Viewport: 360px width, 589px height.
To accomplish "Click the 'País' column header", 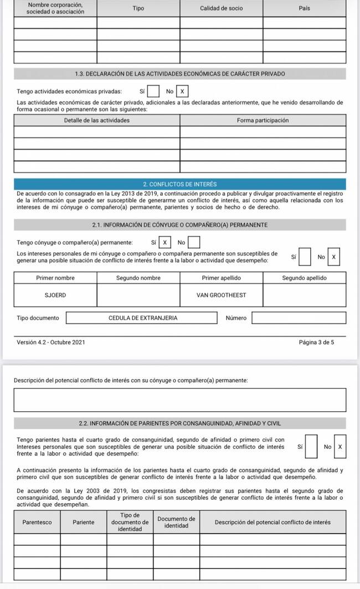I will (304, 8).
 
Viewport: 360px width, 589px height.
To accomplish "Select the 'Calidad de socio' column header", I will (221, 8).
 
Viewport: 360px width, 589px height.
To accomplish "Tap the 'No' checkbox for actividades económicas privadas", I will (182, 91).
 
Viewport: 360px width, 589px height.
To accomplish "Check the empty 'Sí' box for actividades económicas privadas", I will (155, 91).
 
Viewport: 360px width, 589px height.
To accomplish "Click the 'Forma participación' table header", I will (263, 120).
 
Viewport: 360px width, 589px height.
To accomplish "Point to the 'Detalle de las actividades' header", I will (97, 120).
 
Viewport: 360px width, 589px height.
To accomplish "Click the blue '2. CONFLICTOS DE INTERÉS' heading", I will (180, 184).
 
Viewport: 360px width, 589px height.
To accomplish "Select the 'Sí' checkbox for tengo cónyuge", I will (165, 242).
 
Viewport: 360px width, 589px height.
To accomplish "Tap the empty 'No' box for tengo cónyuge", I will (194, 242).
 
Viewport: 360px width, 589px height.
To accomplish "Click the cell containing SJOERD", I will (55, 295).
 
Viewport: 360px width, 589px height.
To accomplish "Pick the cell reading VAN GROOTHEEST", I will (222, 295).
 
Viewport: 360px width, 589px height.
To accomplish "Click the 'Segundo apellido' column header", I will (304, 278).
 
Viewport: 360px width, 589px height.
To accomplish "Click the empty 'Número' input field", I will (299, 318).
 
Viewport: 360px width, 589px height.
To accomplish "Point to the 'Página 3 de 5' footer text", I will (316, 342).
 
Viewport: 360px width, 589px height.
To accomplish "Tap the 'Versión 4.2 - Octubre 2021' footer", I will (52, 342).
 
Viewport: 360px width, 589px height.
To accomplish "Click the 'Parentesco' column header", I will (37, 522).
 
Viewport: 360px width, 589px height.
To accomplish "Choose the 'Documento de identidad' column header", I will (176, 522).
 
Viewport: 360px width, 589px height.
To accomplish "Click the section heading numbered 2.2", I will (180, 424).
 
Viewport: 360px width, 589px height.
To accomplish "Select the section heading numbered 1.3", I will (180, 74).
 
